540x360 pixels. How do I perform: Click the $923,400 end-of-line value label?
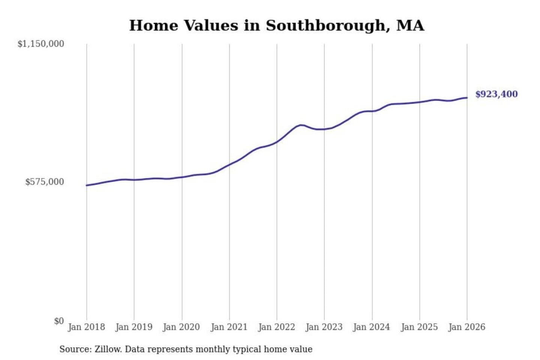pyautogui.click(x=496, y=94)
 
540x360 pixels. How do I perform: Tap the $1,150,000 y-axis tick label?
pyautogui.click(x=41, y=44)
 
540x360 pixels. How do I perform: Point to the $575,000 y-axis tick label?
pyautogui.click(x=45, y=182)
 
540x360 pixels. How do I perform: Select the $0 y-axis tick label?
pyautogui.click(x=59, y=321)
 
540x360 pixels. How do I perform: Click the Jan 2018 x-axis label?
pyautogui.click(x=86, y=327)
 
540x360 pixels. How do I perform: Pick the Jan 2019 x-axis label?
pyautogui.click(x=134, y=327)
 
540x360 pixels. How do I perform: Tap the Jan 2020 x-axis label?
pyautogui.click(x=181, y=327)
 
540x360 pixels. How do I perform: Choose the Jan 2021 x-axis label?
pyautogui.click(x=229, y=327)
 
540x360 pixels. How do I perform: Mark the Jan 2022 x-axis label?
pyautogui.click(x=277, y=327)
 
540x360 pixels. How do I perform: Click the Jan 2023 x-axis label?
pyautogui.click(x=324, y=327)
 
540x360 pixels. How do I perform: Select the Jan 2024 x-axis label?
pyautogui.click(x=372, y=327)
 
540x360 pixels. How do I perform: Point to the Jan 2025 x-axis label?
pyautogui.click(x=419, y=327)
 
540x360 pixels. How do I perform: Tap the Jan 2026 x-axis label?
pyautogui.click(x=467, y=327)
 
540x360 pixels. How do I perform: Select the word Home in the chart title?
pyautogui.click(x=153, y=26)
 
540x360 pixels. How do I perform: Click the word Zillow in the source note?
pyautogui.click(x=108, y=349)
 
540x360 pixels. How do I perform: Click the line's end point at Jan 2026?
pyautogui.click(x=467, y=98)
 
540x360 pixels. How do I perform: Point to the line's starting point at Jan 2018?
pyautogui.click(x=87, y=185)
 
